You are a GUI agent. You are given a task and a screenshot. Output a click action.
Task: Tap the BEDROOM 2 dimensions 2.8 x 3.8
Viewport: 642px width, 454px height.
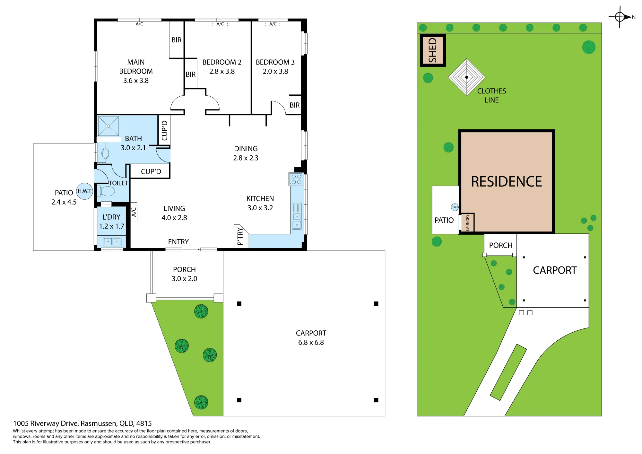point(222,72)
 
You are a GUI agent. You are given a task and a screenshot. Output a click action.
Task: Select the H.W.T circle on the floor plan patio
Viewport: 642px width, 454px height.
point(84,191)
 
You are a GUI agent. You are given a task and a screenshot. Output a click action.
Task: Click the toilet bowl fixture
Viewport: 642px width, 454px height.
point(106,191)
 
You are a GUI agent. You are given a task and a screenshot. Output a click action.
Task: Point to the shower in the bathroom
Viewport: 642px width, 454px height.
point(108,126)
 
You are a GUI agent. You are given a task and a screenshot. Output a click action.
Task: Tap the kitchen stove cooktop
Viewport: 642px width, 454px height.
point(296,179)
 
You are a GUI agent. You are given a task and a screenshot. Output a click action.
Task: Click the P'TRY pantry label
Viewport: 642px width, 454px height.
point(240,236)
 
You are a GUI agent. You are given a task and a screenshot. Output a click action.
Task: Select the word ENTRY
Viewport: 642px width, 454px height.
point(178,242)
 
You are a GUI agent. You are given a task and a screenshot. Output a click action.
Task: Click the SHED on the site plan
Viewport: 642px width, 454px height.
point(433,50)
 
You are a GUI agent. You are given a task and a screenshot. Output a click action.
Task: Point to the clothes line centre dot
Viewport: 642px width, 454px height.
point(467,77)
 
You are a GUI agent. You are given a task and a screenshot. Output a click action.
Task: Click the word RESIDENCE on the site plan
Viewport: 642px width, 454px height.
point(506,181)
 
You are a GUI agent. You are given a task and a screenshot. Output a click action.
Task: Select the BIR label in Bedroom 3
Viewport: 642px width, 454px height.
point(295,105)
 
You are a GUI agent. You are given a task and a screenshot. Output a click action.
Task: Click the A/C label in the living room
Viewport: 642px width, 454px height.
point(134,212)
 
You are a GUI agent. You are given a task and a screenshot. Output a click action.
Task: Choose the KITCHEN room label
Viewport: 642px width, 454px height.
point(260,198)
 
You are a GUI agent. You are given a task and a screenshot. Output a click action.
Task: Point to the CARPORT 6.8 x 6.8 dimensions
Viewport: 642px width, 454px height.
point(311,343)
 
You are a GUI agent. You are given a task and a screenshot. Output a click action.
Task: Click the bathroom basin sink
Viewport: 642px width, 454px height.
point(105,153)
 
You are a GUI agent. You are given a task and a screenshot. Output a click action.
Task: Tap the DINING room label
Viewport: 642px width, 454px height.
point(246,149)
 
